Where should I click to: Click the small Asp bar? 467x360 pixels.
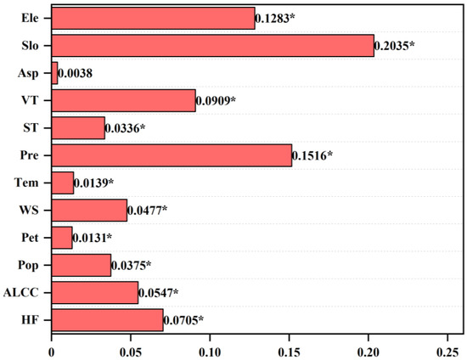pyautogui.click(x=54, y=73)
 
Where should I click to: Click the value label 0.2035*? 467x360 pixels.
pyautogui.click(x=395, y=46)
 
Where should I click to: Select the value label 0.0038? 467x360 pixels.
pyautogui.click(x=75, y=74)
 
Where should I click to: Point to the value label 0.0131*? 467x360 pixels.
pyautogui.click(x=93, y=239)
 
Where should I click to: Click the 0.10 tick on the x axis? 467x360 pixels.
pyautogui.click(x=210, y=348)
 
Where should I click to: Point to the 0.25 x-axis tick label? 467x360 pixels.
pyautogui.click(x=447, y=348)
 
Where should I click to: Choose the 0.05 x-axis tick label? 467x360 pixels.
pyautogui.click(x=131, y=348)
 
